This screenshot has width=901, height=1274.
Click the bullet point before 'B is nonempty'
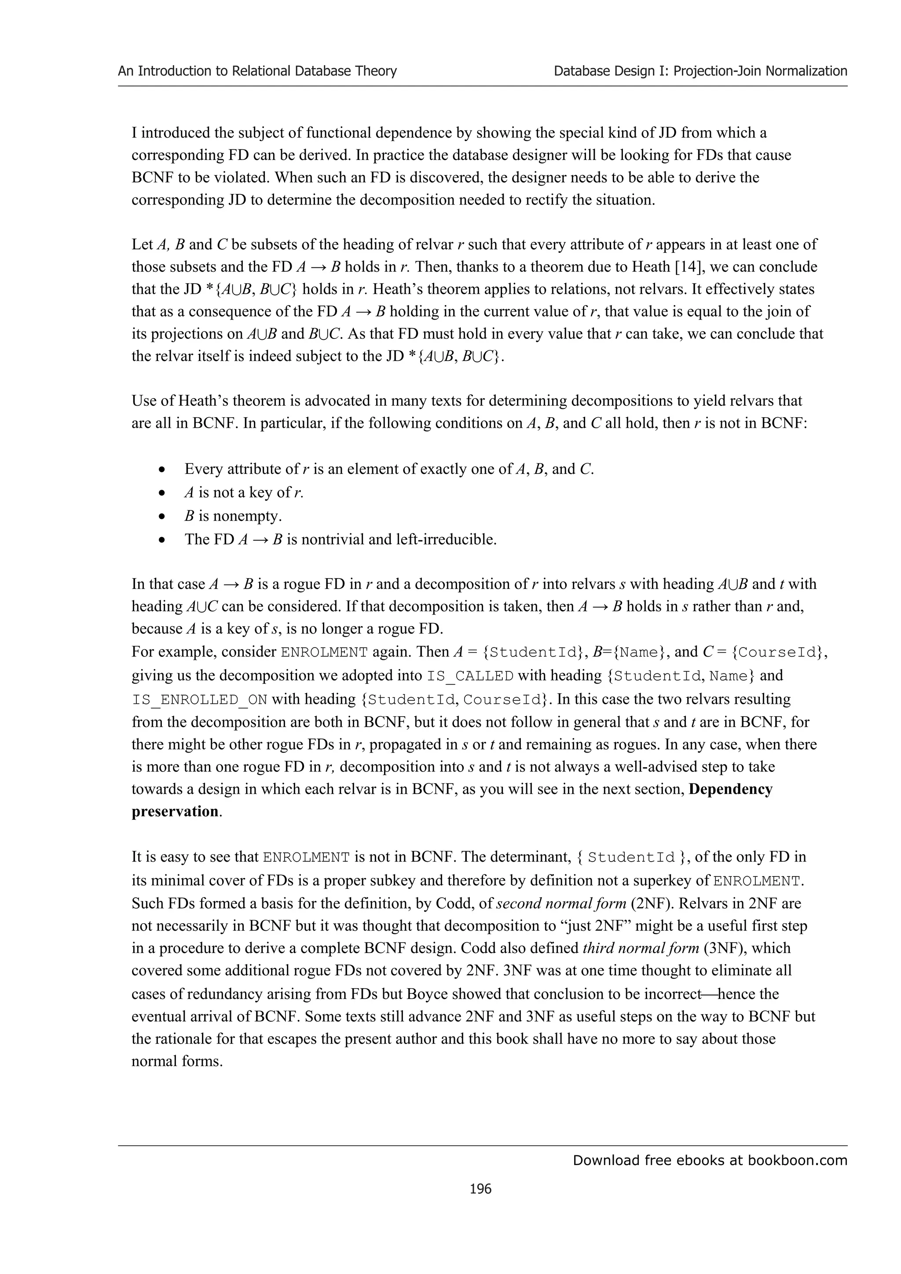[161, 517]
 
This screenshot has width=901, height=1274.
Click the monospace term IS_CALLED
[470, 676]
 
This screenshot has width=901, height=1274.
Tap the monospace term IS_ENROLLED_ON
[199, 699]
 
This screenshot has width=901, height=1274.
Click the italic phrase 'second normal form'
[560, 903]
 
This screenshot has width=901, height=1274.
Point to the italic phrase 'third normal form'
[641, 948]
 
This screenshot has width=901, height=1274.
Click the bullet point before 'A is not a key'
[161, 493]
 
